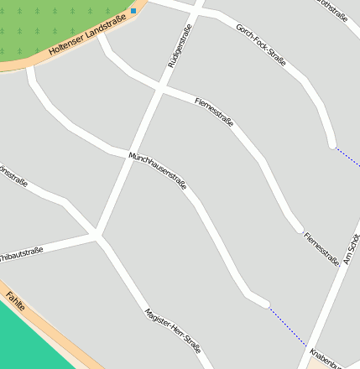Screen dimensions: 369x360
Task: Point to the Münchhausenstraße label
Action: pos(157,170)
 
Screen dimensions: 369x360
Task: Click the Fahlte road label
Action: pos(15,301)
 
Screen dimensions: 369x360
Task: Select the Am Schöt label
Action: pos(350,250)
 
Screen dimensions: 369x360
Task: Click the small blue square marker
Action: pos(133,11)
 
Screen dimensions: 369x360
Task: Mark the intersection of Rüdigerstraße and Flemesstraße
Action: pos(159,88)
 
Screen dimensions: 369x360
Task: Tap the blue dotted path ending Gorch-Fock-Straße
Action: pos(347,156)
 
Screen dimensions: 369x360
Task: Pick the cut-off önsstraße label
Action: pos(13,179)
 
